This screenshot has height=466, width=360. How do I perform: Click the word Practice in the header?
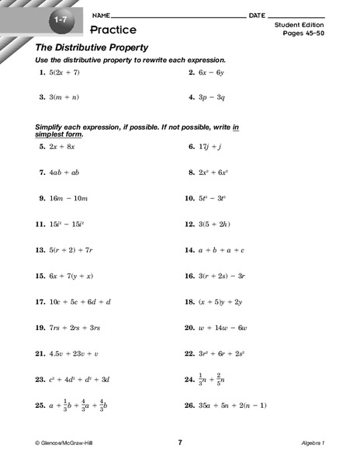pos(112,30)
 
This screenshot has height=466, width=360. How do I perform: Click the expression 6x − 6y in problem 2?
pos(213,72)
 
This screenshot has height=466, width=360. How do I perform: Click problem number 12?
pos(189,224)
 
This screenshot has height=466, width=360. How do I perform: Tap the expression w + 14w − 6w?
pos(225,328)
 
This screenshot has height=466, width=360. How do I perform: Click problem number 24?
pos(189,380)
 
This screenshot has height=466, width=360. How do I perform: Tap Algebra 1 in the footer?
pos(313,442)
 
